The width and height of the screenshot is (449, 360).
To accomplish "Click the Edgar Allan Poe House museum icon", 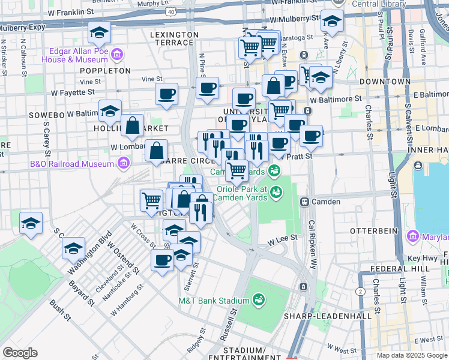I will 117,55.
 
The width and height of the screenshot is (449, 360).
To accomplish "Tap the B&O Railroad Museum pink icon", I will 124,163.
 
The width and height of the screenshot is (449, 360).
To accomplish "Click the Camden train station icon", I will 305,202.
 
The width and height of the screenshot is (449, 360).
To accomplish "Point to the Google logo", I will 20,353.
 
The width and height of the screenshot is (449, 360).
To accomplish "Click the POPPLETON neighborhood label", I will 105,70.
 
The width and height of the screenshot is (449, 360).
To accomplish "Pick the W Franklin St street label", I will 70,11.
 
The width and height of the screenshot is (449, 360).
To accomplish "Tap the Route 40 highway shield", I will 172,11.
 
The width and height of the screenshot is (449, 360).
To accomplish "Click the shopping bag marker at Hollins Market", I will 133,125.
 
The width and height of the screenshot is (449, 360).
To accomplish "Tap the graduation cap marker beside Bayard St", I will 74,248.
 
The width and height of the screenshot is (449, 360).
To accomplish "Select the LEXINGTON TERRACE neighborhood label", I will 174,35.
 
